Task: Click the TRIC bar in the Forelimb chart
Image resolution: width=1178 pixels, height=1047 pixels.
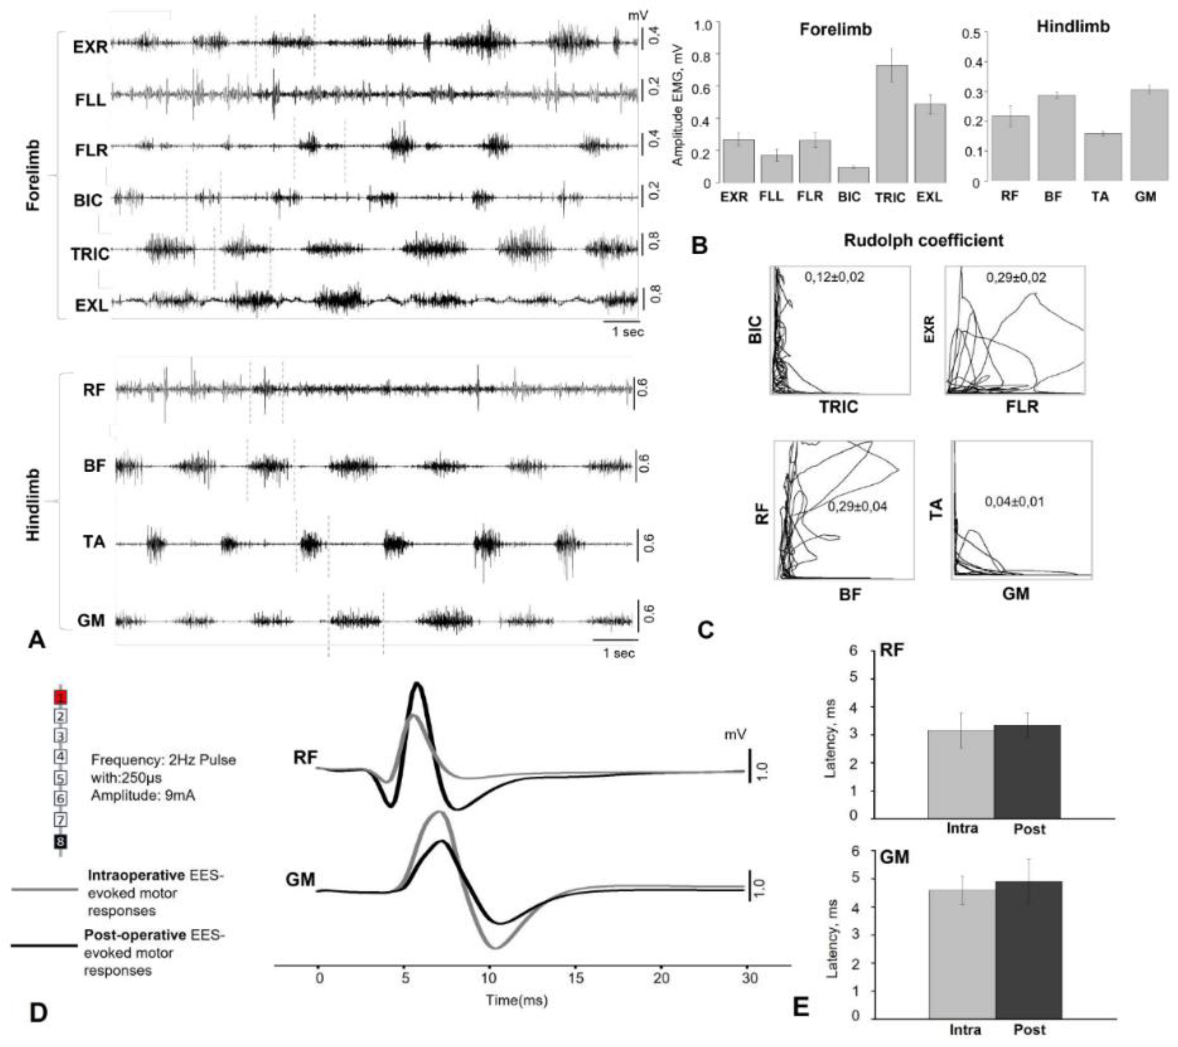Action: pos(891,124)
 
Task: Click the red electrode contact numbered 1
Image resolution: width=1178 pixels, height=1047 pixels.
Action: pos(60,697)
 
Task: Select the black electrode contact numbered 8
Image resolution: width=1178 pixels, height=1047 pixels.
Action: pos(60,842)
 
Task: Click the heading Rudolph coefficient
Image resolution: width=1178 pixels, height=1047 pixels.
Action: pos(923,240)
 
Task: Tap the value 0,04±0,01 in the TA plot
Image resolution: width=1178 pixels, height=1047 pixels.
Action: pos(1014,501)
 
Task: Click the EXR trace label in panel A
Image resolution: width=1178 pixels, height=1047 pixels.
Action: pos(90,47)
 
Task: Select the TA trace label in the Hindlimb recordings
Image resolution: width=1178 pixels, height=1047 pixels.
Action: pos(93,542)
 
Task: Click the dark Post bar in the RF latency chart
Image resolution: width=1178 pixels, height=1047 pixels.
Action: pos(1028,771)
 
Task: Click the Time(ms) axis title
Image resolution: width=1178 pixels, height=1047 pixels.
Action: pos(516,1000)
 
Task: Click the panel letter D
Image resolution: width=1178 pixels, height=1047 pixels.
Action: pos(38,1012)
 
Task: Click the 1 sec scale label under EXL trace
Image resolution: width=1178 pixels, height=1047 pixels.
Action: pos(628,332)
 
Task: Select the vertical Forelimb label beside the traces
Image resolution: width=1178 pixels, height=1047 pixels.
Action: pos(33,174)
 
